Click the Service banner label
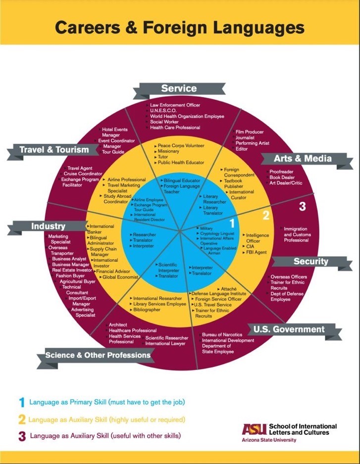click(179, 89)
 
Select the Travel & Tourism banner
click(54, 149)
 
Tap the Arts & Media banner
click(303, 159)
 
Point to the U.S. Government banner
click(289, 329)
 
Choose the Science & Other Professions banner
click(98, 355)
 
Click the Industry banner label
click(49, 226)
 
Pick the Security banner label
click(310, 261)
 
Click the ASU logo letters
click(254, 429)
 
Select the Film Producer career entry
click(250, 132)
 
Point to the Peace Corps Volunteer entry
click(181, 146)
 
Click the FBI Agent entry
click(257, 252)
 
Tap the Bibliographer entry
click(147, 310)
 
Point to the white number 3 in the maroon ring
click(303, 207)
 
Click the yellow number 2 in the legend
click(21, 420)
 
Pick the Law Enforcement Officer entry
click(175, 105)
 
